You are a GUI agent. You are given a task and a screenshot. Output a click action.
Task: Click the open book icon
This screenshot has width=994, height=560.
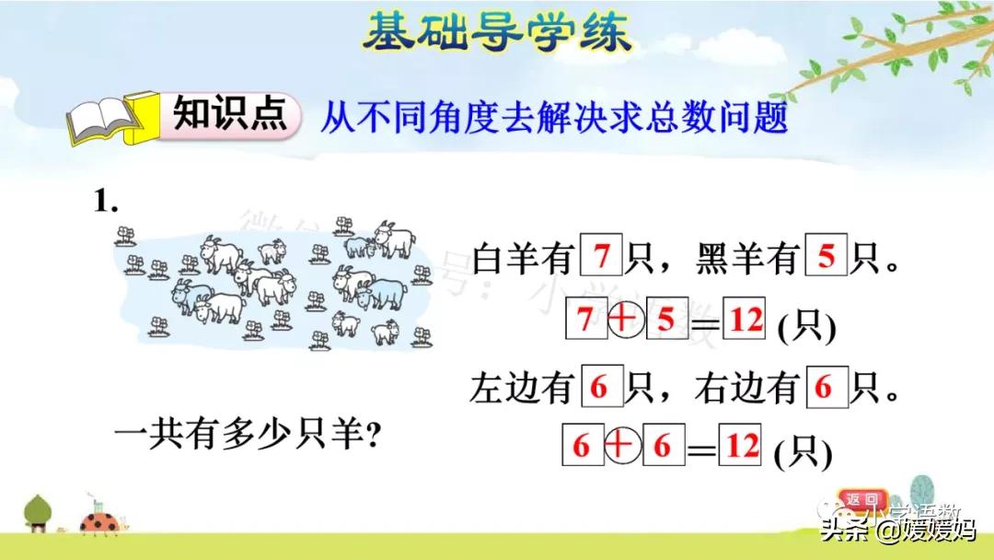(103, 120)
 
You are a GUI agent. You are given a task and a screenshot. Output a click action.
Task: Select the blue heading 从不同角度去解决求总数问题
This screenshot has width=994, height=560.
(554, 119)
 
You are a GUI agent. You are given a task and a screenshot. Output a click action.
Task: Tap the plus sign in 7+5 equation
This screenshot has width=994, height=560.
(625, 320)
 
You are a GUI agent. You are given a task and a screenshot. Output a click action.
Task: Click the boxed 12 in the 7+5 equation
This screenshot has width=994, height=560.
(745, 320)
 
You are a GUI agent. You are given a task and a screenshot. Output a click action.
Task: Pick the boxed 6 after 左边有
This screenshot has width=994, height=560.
(602, 387)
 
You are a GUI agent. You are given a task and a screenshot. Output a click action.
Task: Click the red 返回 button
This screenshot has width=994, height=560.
(863, 500)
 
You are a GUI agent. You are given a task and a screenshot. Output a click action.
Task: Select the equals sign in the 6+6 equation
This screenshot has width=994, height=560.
(702, 449)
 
